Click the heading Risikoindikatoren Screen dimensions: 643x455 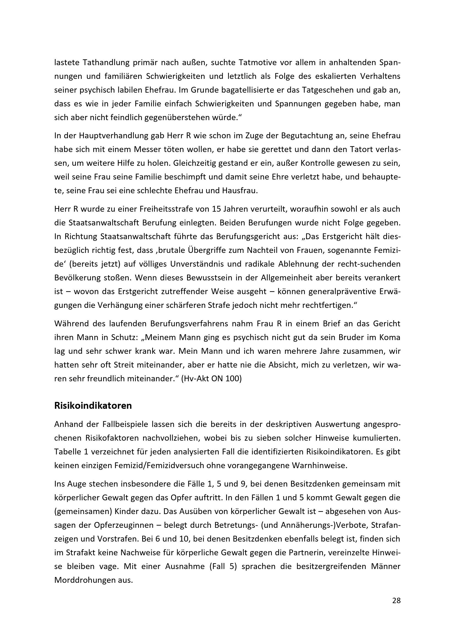pyautogui.click(x=93, y=406)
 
